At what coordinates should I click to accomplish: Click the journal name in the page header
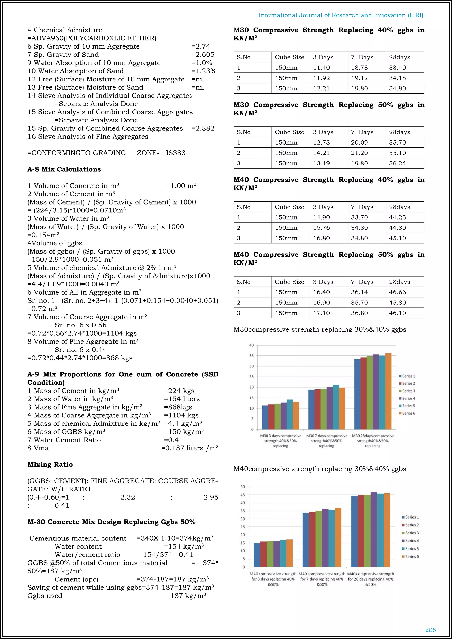tap(341, 15)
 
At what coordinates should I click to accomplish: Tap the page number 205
tap(431, 630)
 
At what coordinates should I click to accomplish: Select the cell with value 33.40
tap(397, 68)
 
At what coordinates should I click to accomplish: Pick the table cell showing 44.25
tap(397, 217)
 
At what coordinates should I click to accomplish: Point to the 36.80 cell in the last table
tap(359, 313)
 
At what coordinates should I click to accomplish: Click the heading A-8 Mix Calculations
tap(64, 169)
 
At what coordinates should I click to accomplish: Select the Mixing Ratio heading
tap(50, 464)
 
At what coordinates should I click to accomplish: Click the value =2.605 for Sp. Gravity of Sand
tap(203, 55)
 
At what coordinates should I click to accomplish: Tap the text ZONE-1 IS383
tap(161, 153)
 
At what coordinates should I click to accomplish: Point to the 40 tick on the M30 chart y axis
tap(251, 345)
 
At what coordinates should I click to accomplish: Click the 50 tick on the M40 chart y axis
tap(242, 487)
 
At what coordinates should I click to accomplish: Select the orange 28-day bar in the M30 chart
tap(388, 391)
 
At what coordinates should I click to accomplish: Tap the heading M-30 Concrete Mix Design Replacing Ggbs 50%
tap(111, 522)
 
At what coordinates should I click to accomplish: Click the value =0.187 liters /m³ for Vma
tap(190, 448)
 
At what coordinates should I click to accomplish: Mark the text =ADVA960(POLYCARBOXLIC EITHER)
tap(92, 38)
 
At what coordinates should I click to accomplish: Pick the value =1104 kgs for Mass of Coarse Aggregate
tap(181, 415)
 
